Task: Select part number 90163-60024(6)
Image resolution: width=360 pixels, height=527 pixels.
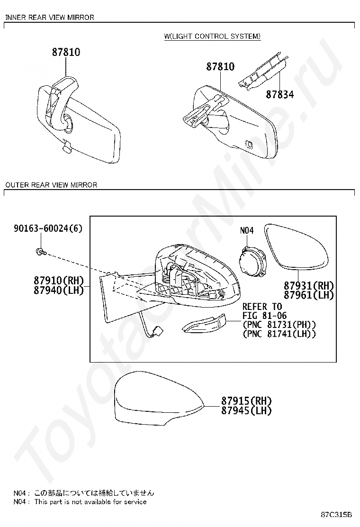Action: [48, 228]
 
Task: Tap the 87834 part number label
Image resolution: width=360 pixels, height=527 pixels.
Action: [280, 94]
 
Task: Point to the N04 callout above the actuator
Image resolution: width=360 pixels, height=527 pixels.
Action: [247, 230]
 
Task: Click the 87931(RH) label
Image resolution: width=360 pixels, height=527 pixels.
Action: [309, 286]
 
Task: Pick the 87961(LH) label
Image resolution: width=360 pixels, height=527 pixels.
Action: [309, 295]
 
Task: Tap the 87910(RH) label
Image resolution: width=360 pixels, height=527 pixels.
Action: [59, 281]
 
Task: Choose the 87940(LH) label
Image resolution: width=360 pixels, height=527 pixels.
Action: [59, 290]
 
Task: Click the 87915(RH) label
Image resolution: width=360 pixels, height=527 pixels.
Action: [246, 401]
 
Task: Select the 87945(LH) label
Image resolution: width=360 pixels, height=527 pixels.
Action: [246, 410]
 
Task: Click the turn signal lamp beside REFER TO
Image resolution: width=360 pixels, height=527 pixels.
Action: [205, 323]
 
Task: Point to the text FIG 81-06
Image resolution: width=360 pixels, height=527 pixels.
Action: [265, 316]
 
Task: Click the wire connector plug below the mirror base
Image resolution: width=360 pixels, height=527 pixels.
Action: [156, 333]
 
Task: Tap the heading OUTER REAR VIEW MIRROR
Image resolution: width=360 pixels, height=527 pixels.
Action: [51, 185]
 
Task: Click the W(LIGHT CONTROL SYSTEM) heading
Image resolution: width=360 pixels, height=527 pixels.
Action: [212, 36]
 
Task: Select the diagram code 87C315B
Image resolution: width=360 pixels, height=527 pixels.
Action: [336, 515]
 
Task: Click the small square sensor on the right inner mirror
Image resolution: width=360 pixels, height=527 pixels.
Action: [250, 144]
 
